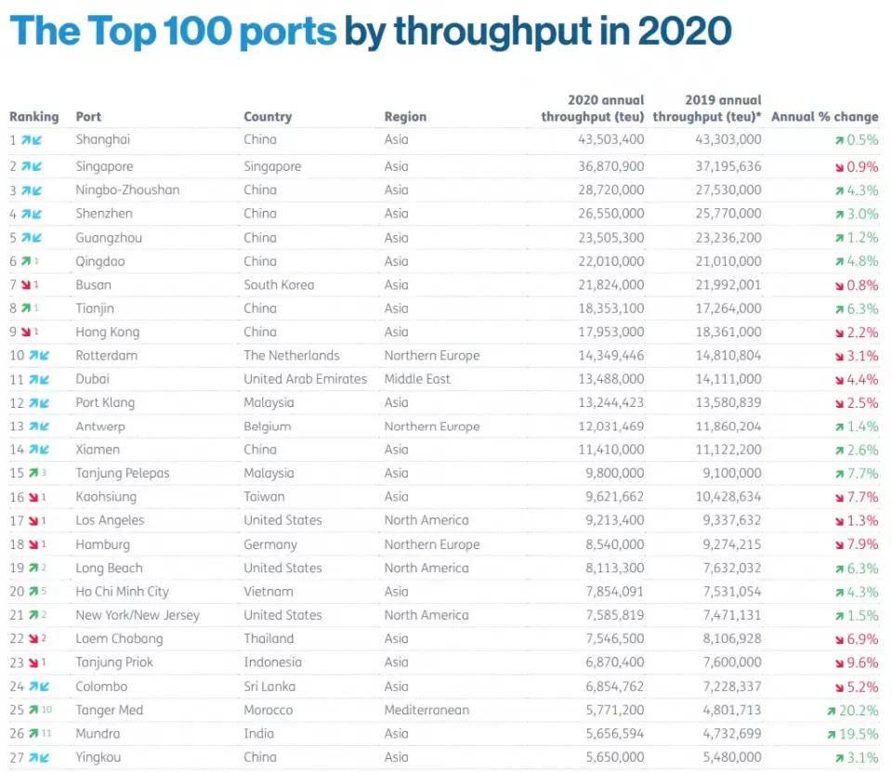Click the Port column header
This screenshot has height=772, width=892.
pyautogui.click(x=88, y=117)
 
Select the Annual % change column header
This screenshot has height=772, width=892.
pyautogui.click(x=824, y=117)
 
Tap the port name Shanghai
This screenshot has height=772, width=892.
pyautogui.click(x=103, y=139)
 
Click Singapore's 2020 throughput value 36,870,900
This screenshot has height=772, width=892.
pyautogui.click(x=611, y=166)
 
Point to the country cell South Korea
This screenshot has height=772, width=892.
pyautogui.click(x=279, y=284)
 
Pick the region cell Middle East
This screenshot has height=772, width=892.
pyautogui.click(x=417, y=379)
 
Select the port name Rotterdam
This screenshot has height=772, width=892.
pyautogui.click(x=106, y=356)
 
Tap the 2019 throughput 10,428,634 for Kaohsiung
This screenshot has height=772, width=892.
pyautogui.click(x=728, y=497)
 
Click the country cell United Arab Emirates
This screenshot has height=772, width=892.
pyautogui.click(x=306, y=379)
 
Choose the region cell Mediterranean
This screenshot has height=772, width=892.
pyautogui.click(x=426, y=710)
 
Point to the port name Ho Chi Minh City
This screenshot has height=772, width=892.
pyautogui.click(x=123, y=592)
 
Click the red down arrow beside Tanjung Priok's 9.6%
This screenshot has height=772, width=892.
pyautogui.click(x=840, y=663)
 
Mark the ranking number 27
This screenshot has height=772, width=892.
pyautogui.click(x=17, y=758)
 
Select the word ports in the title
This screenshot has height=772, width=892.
pyautogui.click(x=288, y=31)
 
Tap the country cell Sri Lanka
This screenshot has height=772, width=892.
pyautogui.click(x=269, y=687)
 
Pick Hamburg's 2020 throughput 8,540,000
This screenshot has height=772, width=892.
pyautogui.click(x=615, y=544)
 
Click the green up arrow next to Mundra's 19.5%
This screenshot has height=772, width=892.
pyautogui.click(x=832, y=735)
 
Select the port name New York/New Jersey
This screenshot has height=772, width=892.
pyautogui.click(x=138, y=616)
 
